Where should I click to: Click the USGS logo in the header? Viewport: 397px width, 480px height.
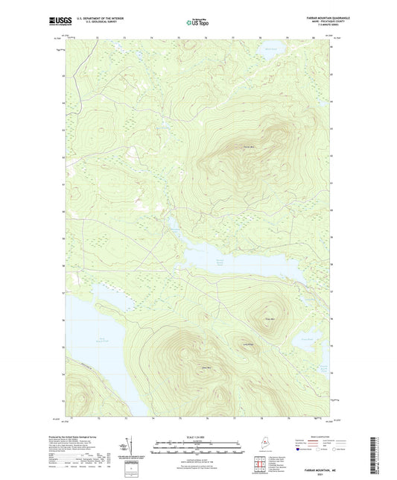point(62,22)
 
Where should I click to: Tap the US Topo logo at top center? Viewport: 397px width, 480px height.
point(196,22)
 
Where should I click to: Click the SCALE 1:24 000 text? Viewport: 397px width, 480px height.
point(197,437)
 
